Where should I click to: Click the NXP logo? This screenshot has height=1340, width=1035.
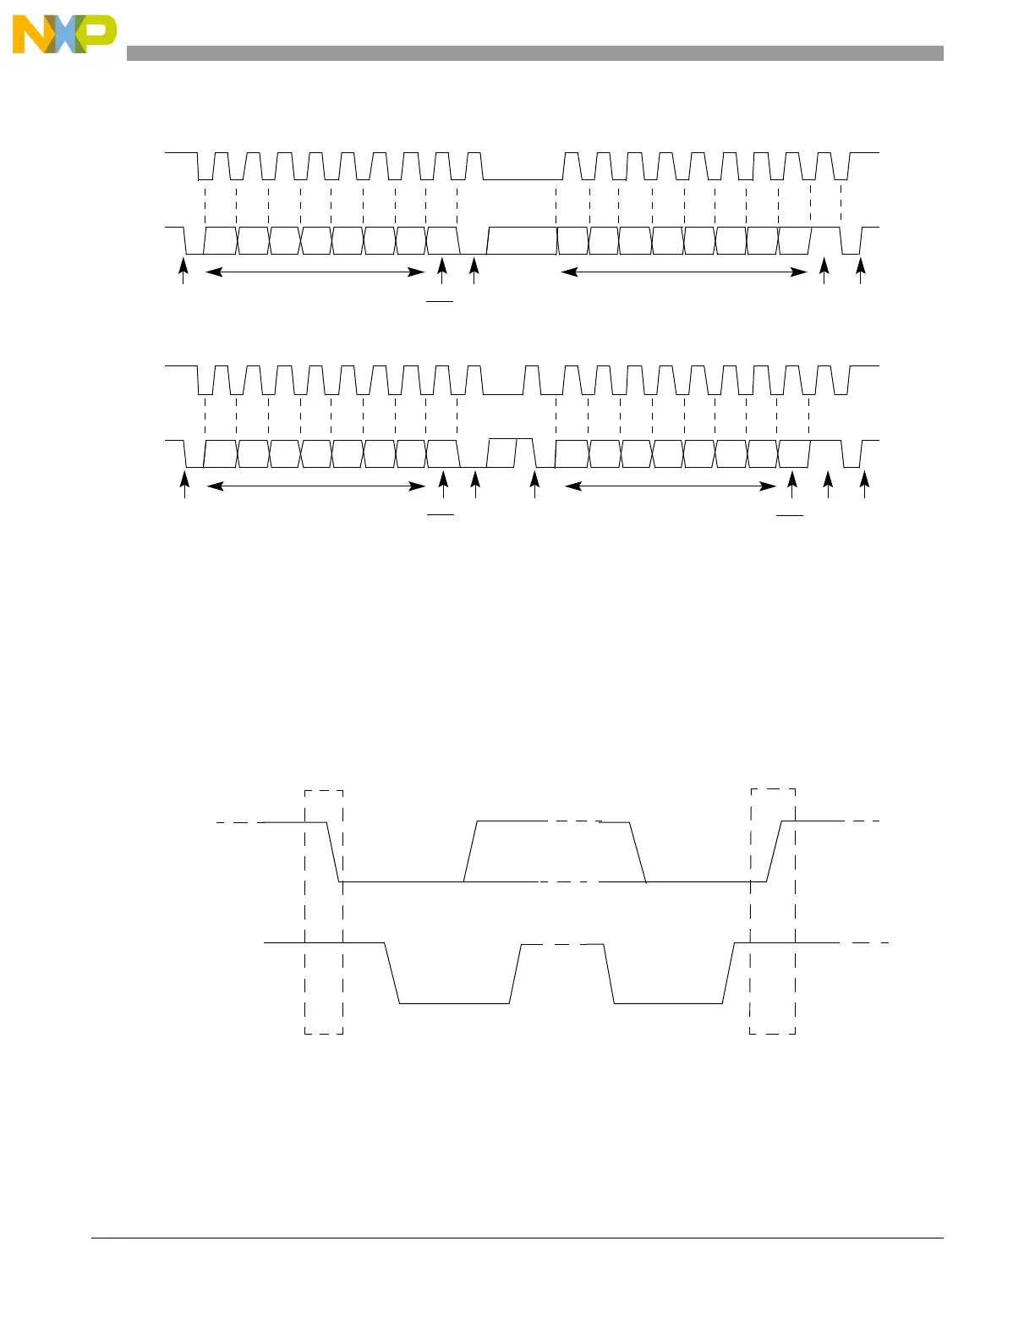pyautogui.click(x=63, y=36)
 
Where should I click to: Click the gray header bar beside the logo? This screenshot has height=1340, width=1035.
pyautogui.click(x=534, y=53)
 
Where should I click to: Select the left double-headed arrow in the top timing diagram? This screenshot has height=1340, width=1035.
pyautogui.click(x=315, y=272)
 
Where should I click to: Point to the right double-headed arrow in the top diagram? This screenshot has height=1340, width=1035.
pyautogui.click(x=684, y=272)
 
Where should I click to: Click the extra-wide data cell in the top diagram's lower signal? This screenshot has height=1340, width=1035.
pyautogui.click(x=522, y=241)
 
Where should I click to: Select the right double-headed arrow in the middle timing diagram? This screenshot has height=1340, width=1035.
pyautogui.click(x=671, y=486)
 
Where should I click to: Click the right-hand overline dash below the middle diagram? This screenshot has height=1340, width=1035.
pyautogui.click(x=791, y=513)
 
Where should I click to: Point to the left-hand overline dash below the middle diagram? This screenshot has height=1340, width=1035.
pyautogui.click(x=441, y=513)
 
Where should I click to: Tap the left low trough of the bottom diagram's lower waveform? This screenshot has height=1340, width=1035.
pyautogui.click(x=454, y=1003)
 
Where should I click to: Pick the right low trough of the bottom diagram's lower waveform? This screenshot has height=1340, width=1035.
pyautogui.click(x=668, y=1003)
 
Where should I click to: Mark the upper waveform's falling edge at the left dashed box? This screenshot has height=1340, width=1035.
pyautogui.click(x=333, y=852)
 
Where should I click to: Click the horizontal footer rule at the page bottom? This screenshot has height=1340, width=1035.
pyautogui.click(x=517, y=1238)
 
